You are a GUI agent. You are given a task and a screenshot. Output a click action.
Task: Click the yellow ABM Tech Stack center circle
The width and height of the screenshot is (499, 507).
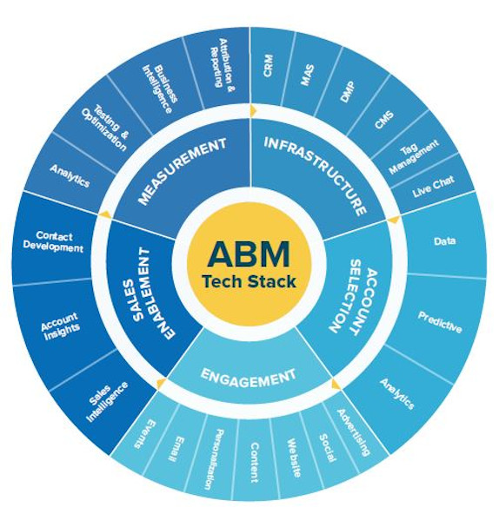249,264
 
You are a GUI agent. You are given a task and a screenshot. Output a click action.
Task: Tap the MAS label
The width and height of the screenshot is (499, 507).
307,75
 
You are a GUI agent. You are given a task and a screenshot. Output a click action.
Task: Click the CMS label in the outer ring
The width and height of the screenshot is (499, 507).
384,119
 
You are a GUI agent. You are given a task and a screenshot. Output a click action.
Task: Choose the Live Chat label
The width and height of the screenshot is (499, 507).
433,187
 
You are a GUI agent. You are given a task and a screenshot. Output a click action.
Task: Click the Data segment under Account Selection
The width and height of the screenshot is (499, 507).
443,240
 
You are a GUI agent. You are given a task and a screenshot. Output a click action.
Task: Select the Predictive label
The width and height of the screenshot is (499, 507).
439,322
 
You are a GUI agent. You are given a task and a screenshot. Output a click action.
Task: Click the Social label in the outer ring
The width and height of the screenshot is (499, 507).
327,448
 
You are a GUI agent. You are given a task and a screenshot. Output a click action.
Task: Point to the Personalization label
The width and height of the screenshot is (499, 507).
214,459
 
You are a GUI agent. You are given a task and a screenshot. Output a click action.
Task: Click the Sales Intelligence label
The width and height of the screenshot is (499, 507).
107,401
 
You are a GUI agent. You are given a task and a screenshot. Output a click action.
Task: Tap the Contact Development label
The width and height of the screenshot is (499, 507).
53,241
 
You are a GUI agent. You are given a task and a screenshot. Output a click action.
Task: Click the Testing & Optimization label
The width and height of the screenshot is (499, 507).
105,128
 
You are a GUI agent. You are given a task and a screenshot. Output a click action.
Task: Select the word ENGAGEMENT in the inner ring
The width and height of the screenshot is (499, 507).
248,378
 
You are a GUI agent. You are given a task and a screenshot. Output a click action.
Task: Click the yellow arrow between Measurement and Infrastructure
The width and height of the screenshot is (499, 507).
253,110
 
